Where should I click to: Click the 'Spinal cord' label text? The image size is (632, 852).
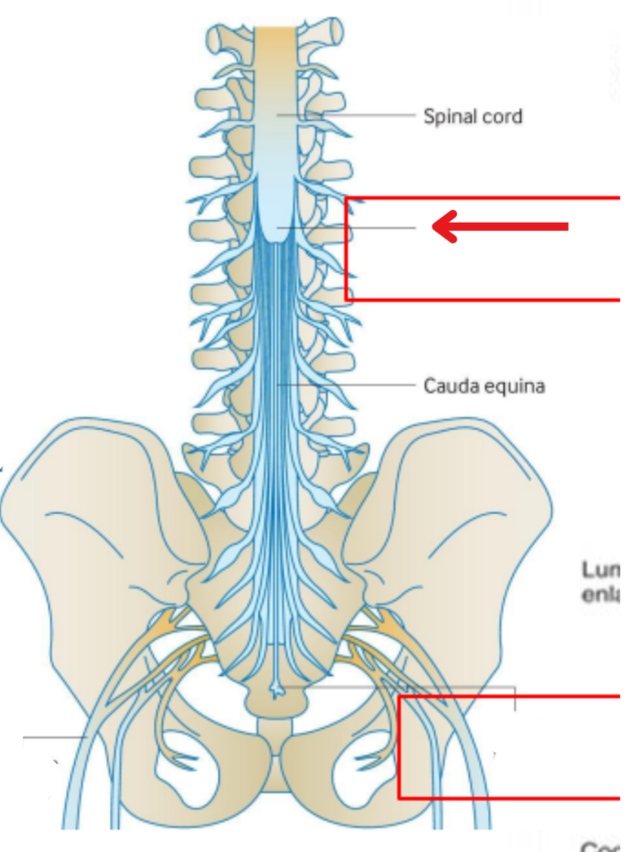[x=472, y=116]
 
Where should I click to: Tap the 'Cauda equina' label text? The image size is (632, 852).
[x=484, y=386]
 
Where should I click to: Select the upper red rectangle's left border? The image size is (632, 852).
[x=346, y=249]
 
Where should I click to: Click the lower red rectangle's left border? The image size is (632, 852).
[x=400, y=748]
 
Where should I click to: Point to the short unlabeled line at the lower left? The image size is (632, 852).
[x=53, y=736]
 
